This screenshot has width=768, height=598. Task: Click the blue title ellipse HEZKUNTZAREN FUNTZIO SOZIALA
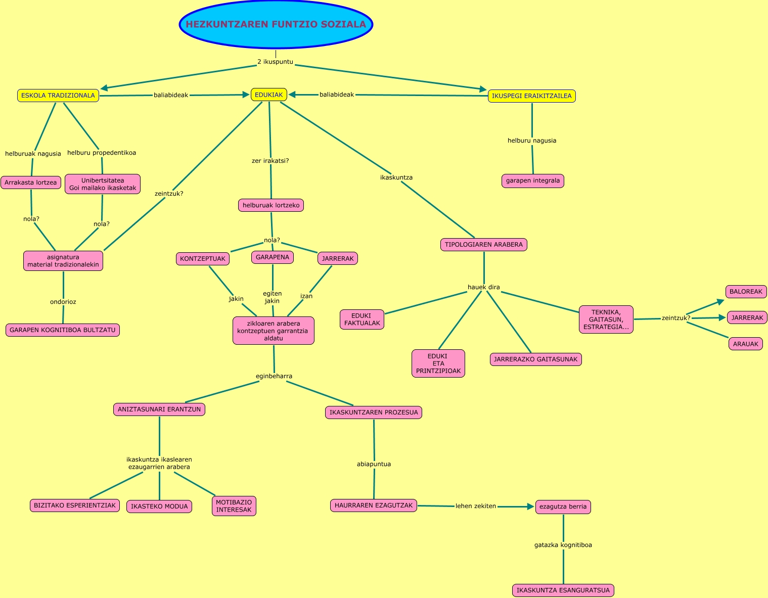276,24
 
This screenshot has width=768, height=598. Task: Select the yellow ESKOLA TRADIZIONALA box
58,96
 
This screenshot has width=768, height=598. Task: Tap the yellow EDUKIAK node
268,95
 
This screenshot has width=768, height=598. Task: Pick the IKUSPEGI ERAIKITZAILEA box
531,96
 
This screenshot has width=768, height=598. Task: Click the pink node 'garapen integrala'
533,180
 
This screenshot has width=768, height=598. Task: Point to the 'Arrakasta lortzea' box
31,182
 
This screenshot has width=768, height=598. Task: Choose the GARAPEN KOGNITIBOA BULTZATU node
63,330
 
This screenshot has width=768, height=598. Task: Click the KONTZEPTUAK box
203,259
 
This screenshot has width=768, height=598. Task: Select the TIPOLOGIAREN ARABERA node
484,245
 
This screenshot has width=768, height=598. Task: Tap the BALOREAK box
746,292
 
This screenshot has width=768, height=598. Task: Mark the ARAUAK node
746,344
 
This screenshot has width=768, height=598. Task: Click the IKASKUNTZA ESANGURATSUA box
563,590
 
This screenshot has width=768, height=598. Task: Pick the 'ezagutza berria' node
563,507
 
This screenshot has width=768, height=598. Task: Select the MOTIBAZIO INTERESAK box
234,506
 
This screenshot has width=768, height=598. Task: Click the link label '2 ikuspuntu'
275,62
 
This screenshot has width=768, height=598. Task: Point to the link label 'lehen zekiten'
476,506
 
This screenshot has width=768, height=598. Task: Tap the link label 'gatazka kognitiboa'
563,545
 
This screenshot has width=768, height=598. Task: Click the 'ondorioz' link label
63,302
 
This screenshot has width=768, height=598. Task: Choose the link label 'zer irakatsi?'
270,161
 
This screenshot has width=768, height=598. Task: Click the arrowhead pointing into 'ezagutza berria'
530,507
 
